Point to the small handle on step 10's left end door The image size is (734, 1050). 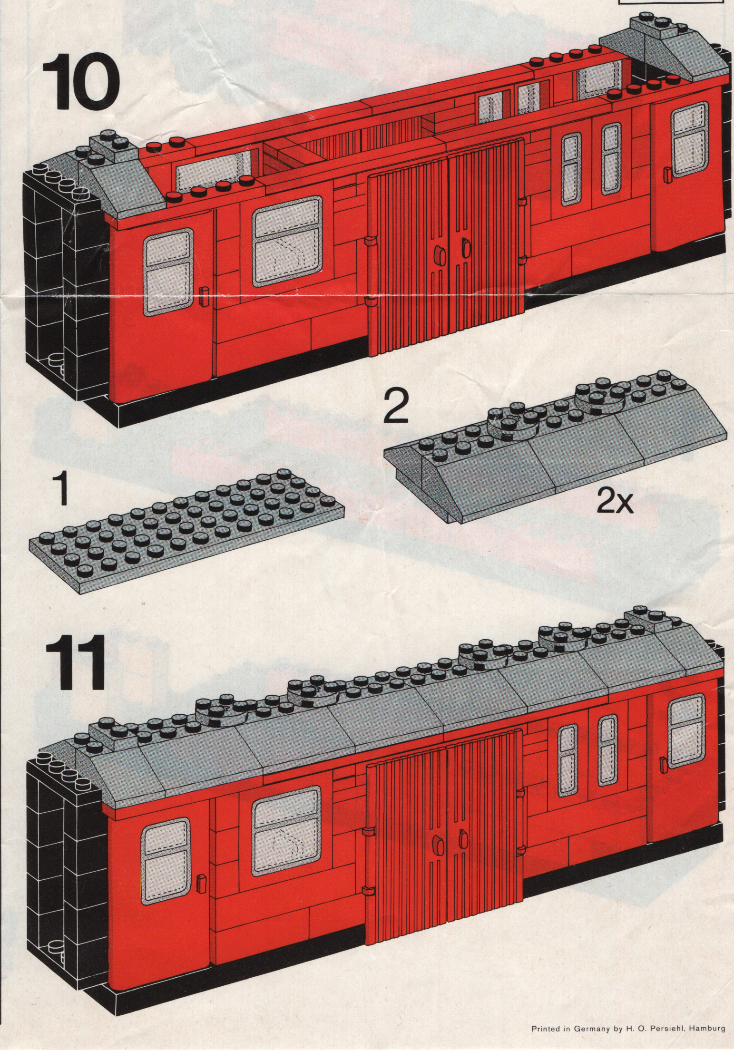click(x=203, y=296)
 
